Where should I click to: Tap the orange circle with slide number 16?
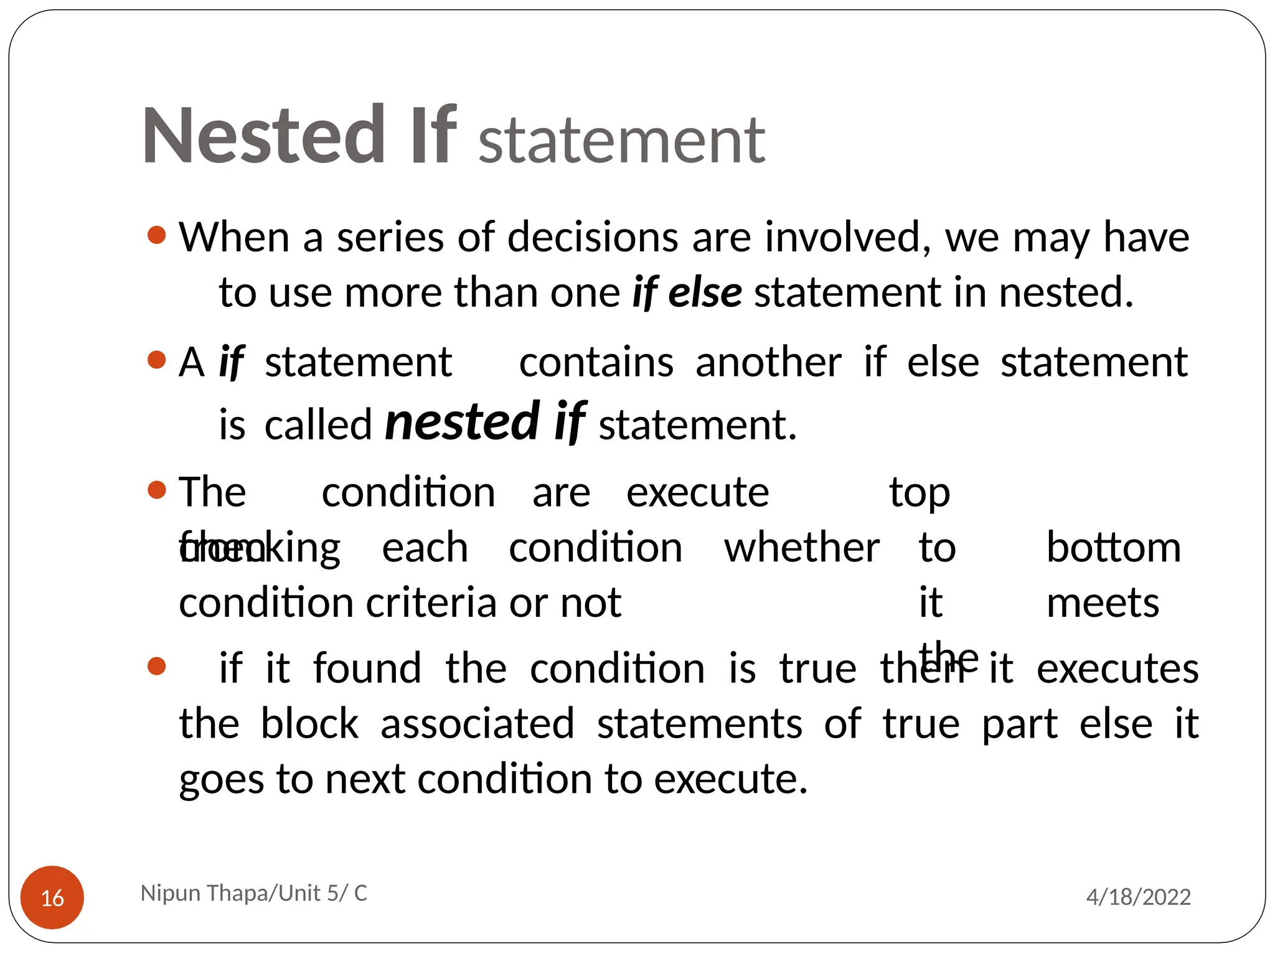point(52,897)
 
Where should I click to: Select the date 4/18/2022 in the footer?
point(1138,897)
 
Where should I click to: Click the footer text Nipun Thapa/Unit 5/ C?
point(254,893)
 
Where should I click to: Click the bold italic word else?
point(705,293)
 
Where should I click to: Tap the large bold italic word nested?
point(462,422)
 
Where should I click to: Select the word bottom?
point(1113,548)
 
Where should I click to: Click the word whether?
point(802,548)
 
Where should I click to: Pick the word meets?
point(1103,603)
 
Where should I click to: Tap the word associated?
point(478,723)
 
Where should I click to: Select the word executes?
point(1117,668)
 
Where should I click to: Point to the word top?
point(920,493)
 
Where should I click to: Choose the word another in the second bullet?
point(768,362)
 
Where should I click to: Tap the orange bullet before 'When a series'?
point(157,235)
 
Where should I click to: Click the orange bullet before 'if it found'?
point(157,667)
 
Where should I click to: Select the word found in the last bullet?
point(367,668)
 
